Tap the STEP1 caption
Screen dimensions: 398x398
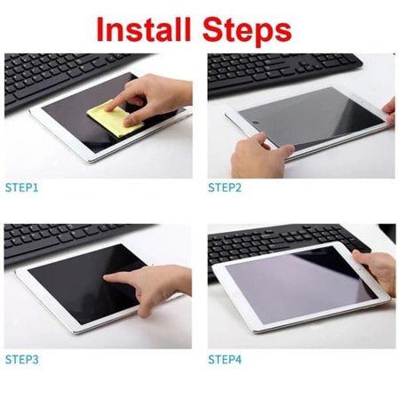[x=22, y=188]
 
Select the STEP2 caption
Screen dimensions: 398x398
[x=226, y=188]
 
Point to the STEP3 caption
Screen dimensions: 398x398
[x=22, y=360]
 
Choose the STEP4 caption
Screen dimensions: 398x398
[x=226, y=360]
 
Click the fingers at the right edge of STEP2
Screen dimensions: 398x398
[x=389, y=111]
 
